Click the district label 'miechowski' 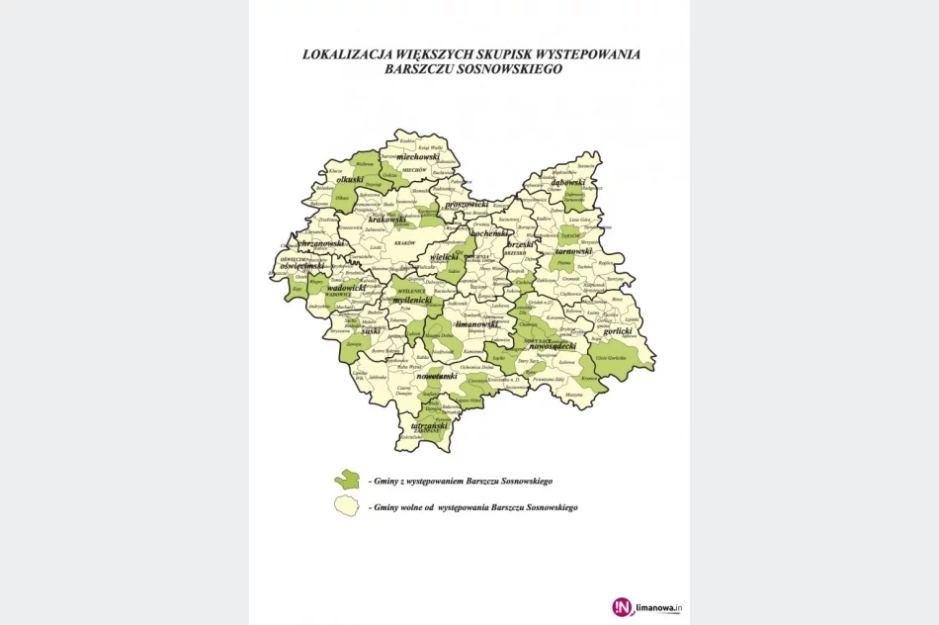[417, 157]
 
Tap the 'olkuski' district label [351, 180]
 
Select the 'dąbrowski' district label [569, 182]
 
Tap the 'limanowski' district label [476, 323]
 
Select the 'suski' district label [371, 332]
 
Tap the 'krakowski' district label [388, 220]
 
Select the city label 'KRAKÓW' [403, 242]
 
